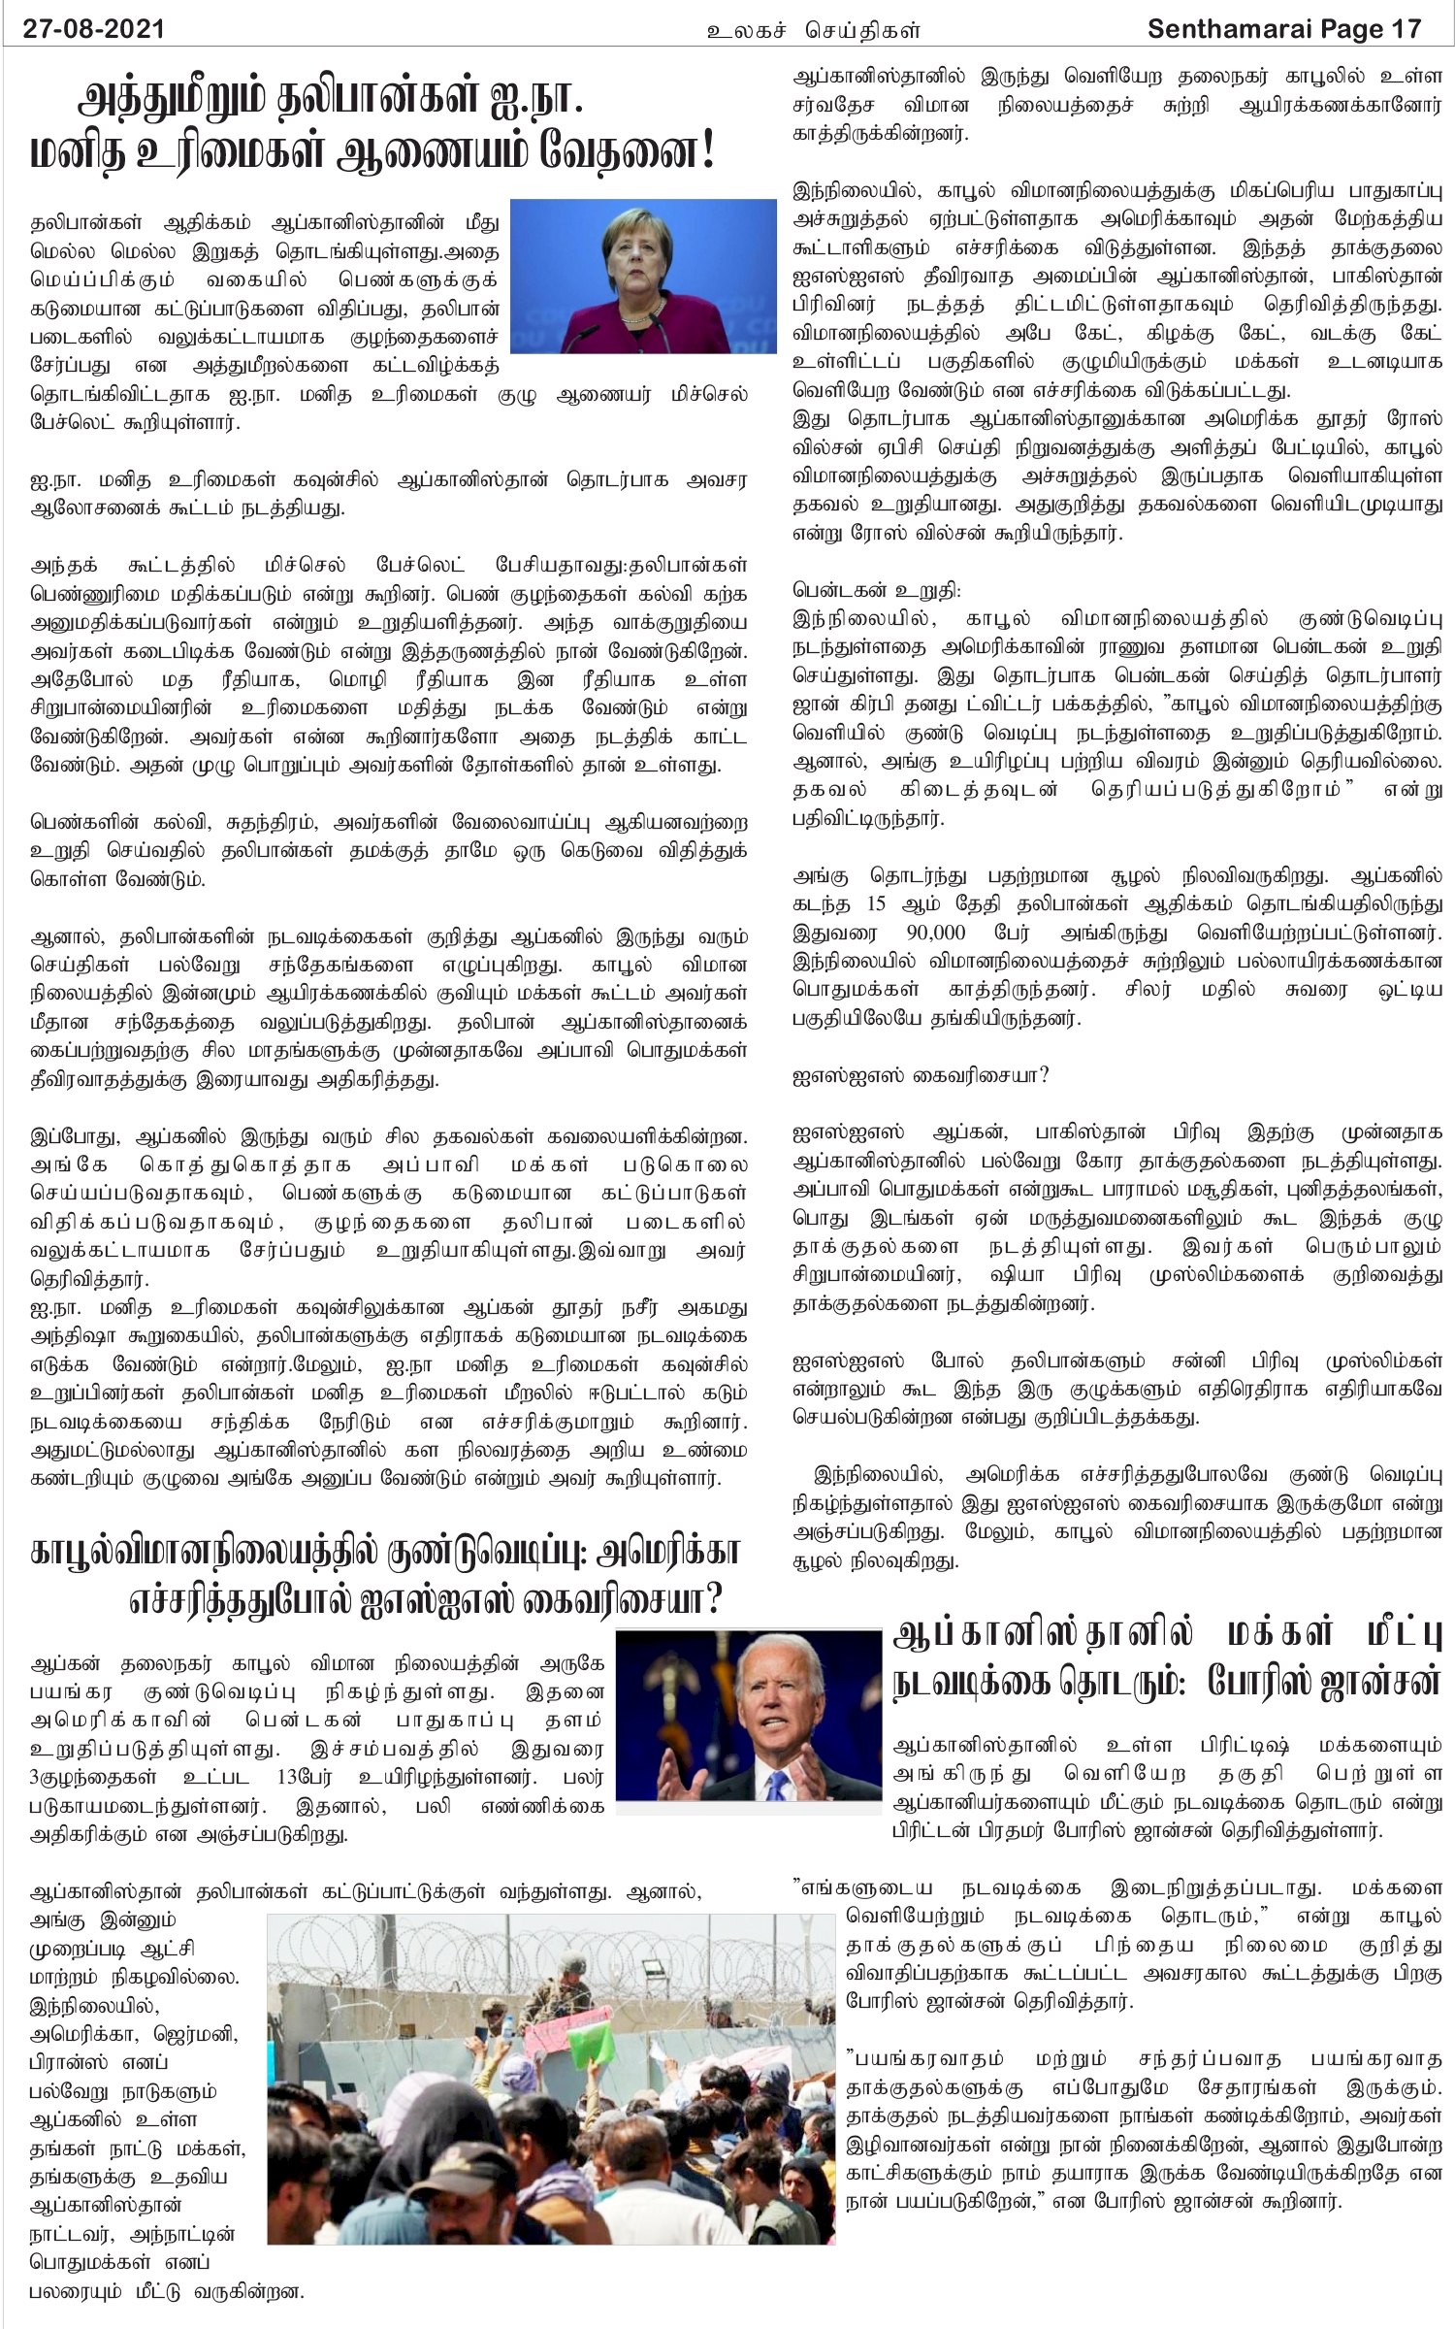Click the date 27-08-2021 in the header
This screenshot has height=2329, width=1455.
(94, 30)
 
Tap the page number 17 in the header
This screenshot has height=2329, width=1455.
(1405, 30)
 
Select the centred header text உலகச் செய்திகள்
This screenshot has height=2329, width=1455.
(813, 31)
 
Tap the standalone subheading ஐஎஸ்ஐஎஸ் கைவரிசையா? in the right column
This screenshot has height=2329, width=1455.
(921, 1076)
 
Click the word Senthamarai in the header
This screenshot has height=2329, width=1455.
(1228, 30)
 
